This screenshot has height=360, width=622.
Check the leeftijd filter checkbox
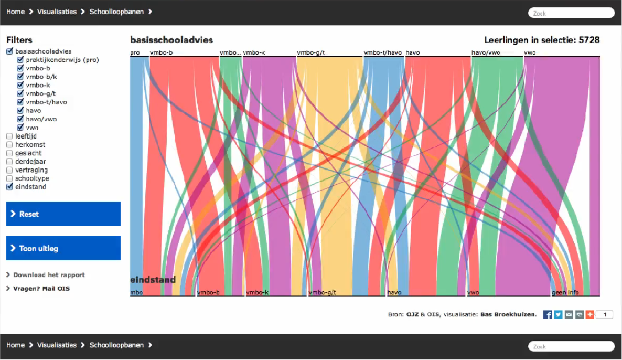point(9,136)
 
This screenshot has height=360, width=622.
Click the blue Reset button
point(63,214)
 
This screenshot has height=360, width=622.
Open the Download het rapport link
point(49,275)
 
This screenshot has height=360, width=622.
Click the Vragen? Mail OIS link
point(41,289)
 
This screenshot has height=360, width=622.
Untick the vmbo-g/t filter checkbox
point(20,93)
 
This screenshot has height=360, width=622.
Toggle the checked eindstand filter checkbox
point(9,187)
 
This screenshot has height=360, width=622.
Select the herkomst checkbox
point(9,144)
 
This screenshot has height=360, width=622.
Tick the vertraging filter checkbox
point(9,170)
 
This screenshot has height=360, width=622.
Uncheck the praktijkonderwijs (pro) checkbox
point(20,60)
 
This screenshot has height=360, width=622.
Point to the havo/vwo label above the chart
point(486,52)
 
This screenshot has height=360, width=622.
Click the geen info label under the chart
point(565,292)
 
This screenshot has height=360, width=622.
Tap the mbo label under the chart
point(136,292)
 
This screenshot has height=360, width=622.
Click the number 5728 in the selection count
point(589,40)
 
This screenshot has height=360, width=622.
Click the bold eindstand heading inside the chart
point(153,280)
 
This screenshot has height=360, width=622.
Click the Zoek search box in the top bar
point(571,13)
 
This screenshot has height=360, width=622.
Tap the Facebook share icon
point(548,314)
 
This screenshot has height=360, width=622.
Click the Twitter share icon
point(558,314)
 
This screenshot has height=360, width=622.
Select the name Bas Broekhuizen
point(508,315)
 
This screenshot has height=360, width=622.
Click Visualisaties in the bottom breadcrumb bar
point(57,345)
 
